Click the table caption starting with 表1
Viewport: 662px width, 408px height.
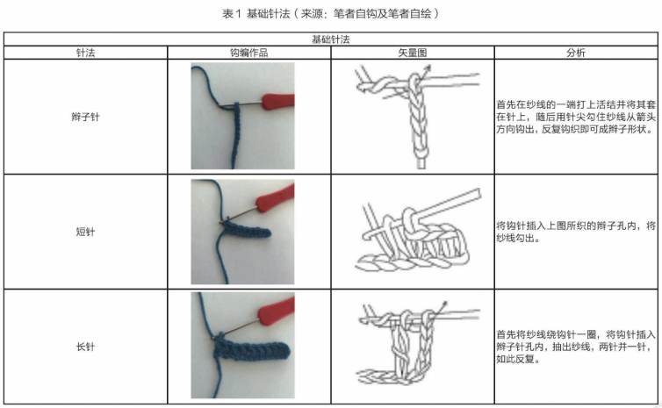[331, 13]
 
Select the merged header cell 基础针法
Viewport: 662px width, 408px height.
[331, 39]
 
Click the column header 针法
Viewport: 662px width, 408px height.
[85, 53]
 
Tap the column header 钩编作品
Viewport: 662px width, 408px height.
[249, 53]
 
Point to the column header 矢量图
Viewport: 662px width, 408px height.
[413, 53]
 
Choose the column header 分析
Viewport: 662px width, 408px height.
[576, 53]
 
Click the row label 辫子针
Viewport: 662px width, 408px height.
[85, 117]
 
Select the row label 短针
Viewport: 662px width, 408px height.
[85, 232]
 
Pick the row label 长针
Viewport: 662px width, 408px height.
[85, 347]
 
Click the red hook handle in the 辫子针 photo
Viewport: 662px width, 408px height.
[278, 101]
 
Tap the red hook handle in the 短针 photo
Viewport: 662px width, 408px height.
[275, 197]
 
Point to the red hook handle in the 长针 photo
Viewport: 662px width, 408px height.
[277, 311]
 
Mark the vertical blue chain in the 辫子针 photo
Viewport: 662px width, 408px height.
[235, 135]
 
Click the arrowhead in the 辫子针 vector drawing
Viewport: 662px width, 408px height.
[428, 68]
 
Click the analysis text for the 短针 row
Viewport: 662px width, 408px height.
[576, 232]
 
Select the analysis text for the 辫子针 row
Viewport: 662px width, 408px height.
[576, 117]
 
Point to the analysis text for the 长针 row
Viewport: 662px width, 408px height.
[576, 347]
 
